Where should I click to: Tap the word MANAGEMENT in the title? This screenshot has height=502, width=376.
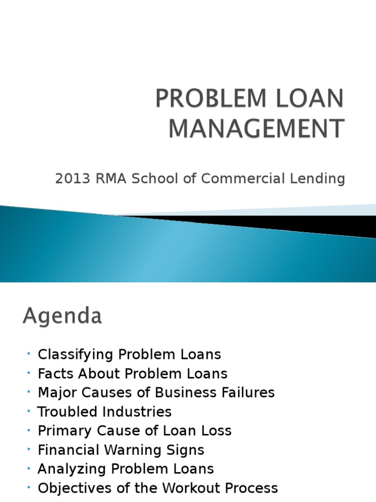pos(257,128)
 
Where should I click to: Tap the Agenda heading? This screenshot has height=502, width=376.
pos(62,316)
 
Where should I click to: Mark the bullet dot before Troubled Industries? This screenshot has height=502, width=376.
pos(29,411)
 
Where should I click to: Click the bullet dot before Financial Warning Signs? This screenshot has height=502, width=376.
pos(29,449)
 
